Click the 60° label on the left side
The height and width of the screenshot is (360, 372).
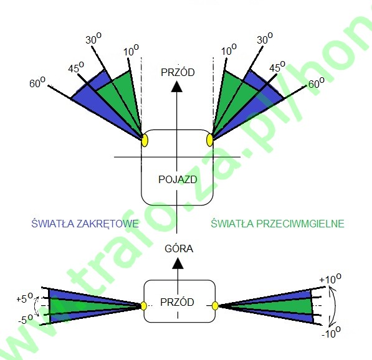(x=37, y=83)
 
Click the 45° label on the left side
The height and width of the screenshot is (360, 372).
(x=76, y=67)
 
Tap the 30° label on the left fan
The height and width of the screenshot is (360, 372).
(x=93, y=39)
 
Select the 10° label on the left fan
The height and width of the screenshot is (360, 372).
(x=131, y=50)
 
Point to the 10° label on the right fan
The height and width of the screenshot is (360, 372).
(x=229, y=50)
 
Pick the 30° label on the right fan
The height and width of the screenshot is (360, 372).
(x=265, y=39)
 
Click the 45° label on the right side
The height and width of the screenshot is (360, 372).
(x=277, y=67)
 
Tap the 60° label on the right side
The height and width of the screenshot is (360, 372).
(x=317, y=83)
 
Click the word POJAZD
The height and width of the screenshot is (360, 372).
(x=178, y=179)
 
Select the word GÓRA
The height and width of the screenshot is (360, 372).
(x=179, y=249)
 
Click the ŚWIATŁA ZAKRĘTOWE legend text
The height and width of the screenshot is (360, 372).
(x=85, y=224)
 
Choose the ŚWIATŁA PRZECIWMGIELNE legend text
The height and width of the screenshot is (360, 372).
(x=277, y=224)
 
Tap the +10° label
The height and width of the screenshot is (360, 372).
(x=330, y=279)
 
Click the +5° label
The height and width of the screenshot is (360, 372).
(x=24, y=298)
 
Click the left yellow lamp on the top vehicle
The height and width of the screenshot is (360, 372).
(x=145, y=141)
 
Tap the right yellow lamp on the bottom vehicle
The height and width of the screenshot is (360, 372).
(x=215, y=306)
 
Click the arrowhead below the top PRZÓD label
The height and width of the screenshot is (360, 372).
(x=176, y=87)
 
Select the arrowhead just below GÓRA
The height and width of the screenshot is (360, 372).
(x=178, y=263)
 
